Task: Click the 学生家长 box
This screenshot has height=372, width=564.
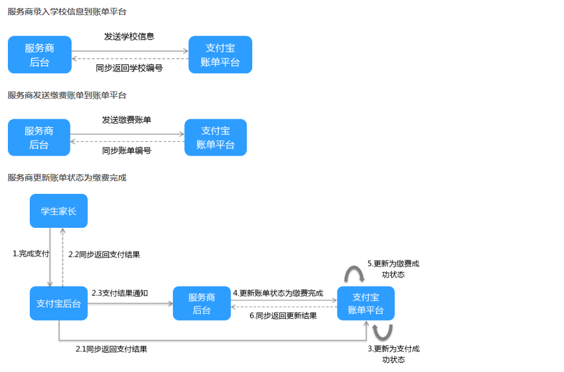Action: click(x=58, y=211)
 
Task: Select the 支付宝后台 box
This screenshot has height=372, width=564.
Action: click(x=58, y=304)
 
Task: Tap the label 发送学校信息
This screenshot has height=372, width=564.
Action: click(x=129, y=36)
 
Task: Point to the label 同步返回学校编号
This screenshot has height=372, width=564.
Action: click(x=129, y=68)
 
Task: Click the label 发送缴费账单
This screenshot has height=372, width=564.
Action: click(x=127, y=120)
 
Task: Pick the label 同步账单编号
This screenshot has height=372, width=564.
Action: click(x=127, y=150)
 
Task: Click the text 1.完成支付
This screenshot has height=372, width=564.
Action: click(x=31, y=253)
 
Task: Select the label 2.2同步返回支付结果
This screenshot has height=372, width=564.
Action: click(x=104, y=254)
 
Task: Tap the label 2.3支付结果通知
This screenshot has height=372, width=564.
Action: click(x=120, y=293)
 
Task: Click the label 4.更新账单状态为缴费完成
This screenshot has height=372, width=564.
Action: click(x=278, y=293)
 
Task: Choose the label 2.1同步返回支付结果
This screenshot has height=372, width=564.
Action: click(x=112, y=349)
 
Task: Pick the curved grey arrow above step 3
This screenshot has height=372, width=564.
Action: click(x=382, y=331)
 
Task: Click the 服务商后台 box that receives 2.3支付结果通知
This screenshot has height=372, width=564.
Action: click(x=202, y=304)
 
